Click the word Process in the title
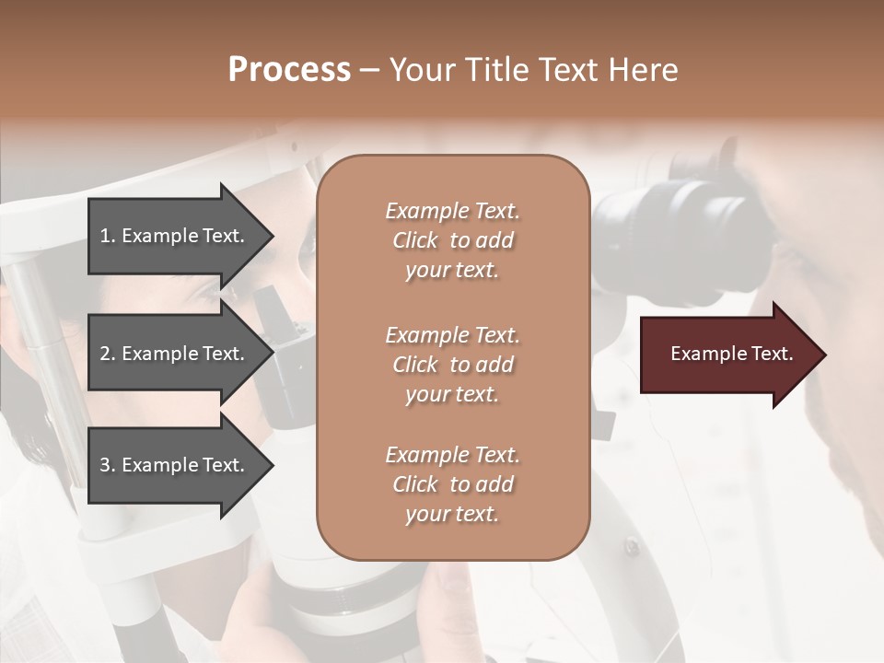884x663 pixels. pos(289,70)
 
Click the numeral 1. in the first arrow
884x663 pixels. pos(108,236)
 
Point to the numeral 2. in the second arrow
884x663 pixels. pos(108,354)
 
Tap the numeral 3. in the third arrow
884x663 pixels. pos(108,465)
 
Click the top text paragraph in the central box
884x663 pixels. pos(452,240)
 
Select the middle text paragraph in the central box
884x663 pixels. pos(452,365)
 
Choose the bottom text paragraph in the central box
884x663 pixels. pos(452,484)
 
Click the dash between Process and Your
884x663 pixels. pos(369,70)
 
